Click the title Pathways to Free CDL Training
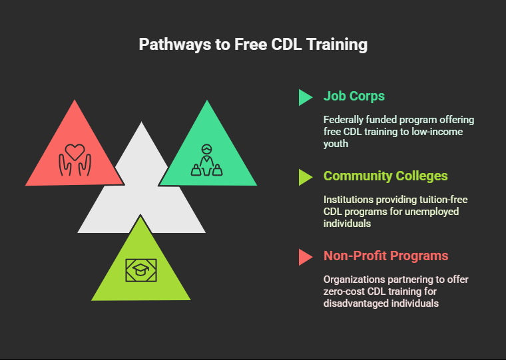253,45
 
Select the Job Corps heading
354,96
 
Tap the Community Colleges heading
385,176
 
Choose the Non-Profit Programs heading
386,256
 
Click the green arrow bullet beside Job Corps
305,97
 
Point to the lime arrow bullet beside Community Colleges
305,178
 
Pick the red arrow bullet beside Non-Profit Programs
305,257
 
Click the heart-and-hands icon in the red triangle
75,160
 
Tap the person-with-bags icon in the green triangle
206,160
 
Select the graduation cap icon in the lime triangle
141,270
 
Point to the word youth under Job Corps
336,144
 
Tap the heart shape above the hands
75,152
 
